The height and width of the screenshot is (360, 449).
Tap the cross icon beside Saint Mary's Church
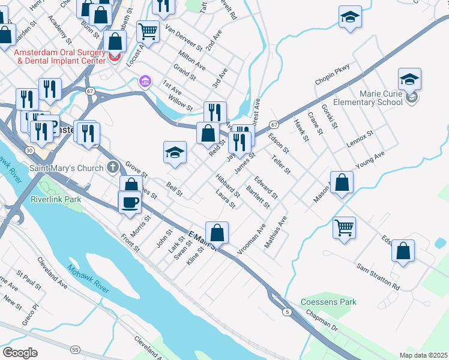click(112, 167)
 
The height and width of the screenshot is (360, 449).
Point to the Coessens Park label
click(329, 302)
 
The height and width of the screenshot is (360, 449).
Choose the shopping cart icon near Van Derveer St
click(148, 31)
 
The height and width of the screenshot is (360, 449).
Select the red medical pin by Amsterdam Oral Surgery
click(114, 58)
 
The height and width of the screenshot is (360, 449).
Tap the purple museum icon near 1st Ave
click(144, 81)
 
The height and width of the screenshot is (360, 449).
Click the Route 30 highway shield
click(30, 150)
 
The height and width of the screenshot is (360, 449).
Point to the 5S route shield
click(75, 349)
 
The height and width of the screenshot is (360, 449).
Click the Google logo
click(20, 353)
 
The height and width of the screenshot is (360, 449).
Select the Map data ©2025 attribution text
click(423, 355)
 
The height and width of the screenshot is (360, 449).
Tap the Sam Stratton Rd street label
click(378, 275)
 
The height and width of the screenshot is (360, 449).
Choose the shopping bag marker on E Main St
click(217, 233)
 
